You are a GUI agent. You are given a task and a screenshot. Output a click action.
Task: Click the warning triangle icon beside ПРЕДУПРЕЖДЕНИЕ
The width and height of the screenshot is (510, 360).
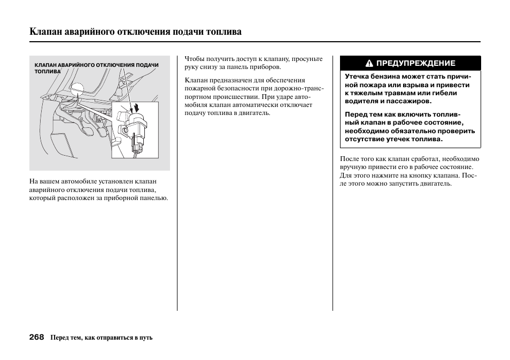(369, 63)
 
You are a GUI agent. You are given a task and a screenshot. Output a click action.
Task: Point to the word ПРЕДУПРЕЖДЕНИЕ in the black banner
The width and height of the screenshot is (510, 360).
(415, 63)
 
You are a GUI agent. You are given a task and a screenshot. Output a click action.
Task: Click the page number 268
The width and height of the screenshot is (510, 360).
(37, 338)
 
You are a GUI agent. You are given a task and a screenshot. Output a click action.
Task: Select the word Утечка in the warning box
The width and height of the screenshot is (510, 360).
(358, 76)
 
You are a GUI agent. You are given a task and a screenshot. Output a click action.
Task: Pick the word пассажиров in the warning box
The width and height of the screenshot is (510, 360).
(407, 101)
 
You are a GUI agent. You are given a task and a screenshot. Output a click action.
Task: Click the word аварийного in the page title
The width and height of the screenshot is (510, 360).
(88, 32)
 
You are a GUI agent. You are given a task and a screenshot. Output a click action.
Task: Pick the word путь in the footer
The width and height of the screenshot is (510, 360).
(145, 338)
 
